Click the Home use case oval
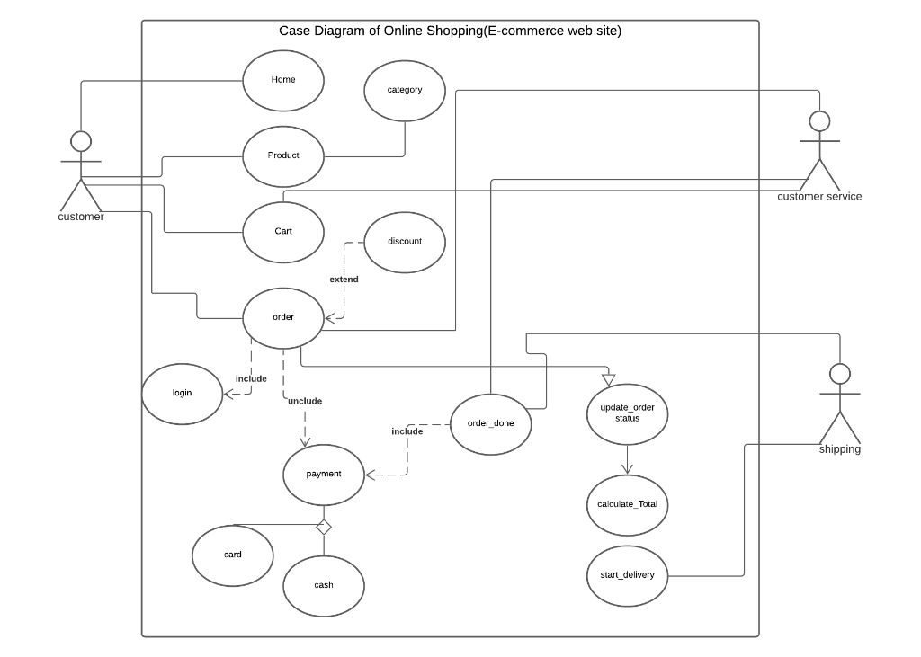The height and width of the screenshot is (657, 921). [283, 81]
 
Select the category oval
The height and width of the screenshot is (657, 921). [405, 90]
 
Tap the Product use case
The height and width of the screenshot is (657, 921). [283, 156]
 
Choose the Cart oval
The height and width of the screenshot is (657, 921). [283, 232]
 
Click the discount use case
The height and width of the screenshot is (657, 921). [405, 242]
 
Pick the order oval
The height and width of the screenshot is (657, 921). [283, 317]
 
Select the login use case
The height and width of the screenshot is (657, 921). [182, 394]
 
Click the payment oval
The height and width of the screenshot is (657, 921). [324, 475]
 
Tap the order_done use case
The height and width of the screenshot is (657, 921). [491, 423]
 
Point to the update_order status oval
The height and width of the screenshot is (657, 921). [627, 413]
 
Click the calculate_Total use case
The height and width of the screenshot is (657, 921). [627, 504]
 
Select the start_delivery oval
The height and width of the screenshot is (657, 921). [627, 575]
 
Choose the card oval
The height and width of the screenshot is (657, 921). [232, 555]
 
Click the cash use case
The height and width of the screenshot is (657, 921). [324, 586]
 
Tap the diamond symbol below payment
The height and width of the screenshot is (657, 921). [324, 527]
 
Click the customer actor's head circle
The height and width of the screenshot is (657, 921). [81, 141]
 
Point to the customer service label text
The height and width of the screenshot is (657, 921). [819, 197]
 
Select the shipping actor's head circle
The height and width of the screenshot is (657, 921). [840, 374]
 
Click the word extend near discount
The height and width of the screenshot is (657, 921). [344, 280]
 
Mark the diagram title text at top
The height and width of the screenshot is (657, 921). [450, 31]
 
